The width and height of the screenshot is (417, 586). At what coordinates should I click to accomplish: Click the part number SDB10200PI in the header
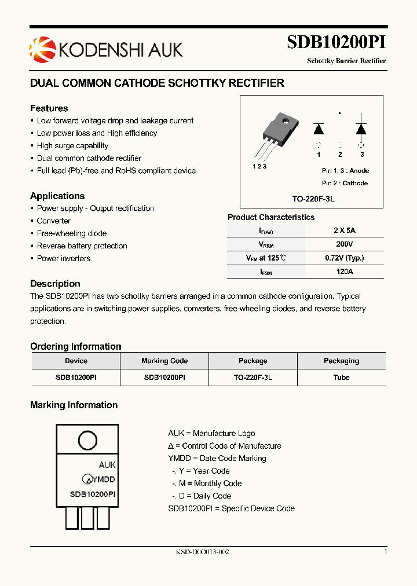[336, 43]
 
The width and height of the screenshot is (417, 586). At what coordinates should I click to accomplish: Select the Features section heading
[49, 108]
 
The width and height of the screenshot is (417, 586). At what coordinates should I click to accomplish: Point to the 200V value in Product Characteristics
[343, 244]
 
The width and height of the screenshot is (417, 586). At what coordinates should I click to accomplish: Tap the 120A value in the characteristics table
[343, 271]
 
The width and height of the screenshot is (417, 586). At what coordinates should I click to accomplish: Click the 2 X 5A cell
[343, 230]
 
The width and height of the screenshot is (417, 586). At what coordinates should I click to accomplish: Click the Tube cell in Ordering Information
[341, 377]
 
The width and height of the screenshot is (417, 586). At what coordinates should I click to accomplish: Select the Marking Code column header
[164, 361]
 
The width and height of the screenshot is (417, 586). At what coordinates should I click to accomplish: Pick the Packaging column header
[341, 361]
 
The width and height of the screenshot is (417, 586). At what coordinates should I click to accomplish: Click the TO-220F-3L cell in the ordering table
[253, 377]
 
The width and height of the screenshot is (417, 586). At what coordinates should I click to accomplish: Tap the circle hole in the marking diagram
[87, 441]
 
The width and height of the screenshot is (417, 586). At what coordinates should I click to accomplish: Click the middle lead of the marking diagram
[87, 517]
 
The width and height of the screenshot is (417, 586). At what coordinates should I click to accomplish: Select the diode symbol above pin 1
[319, 129]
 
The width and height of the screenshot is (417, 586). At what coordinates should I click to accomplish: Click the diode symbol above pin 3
[361, 129]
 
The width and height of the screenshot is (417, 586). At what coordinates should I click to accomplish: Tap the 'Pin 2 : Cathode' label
[345, 183]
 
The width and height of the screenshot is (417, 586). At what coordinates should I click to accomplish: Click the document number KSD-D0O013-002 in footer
[203, 552]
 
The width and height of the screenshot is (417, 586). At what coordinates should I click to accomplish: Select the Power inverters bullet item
[64, 258]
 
